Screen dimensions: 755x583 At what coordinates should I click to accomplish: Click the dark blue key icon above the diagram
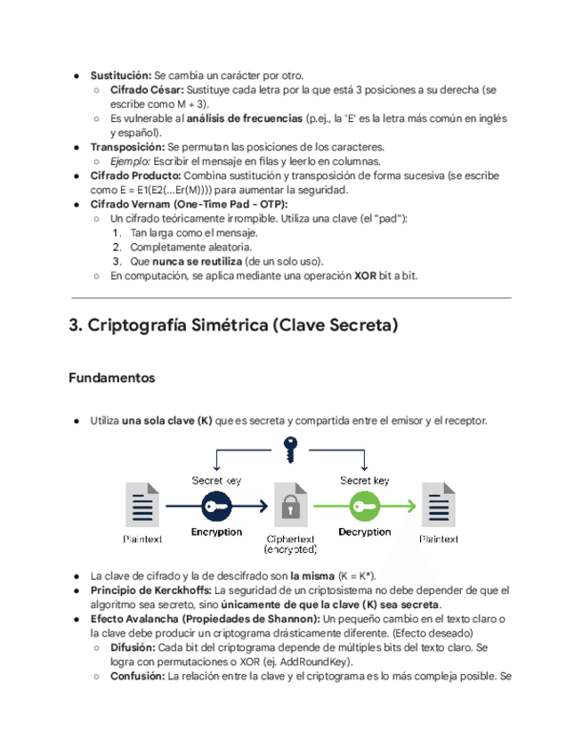[x=289, y=449]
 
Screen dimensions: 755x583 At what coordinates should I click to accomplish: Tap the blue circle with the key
[x=216, y=506]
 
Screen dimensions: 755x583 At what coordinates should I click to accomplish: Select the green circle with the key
[x=364, y=506]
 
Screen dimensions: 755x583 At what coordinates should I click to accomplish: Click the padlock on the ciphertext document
[x=289, y=507]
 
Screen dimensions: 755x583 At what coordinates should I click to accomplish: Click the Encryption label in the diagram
[x=216, y=532]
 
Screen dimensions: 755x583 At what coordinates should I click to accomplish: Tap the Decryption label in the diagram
[x=364, y=532]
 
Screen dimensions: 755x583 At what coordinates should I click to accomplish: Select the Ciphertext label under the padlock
[x=290, y=540]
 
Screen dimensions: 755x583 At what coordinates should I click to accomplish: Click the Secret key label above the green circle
[x=365, y=480]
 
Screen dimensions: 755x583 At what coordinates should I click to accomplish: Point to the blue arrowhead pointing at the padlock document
[x=263, y=506]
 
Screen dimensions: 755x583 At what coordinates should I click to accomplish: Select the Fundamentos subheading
[x=111, y=378]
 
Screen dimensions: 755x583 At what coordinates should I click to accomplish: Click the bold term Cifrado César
[x=147, y=91]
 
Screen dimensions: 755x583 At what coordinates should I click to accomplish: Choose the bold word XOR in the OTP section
[x=365, y=276]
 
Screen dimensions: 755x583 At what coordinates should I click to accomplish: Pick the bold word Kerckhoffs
[x=180, y=590]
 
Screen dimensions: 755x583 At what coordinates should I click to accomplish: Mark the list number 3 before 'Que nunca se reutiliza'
[x=116, y=261]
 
